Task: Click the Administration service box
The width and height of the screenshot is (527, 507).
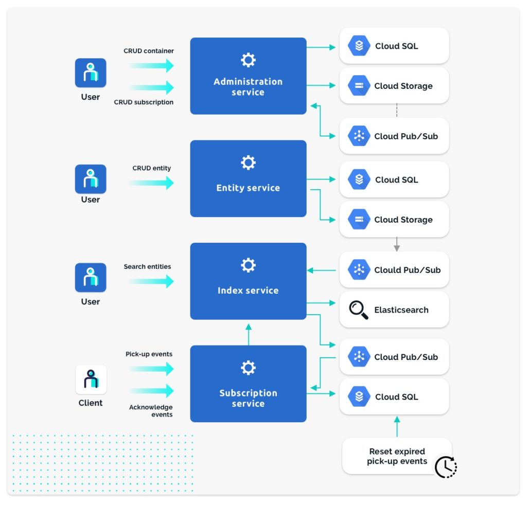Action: point(248,76)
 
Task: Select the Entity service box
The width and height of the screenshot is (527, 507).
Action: point(248,178)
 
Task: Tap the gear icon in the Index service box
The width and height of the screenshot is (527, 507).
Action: point(248,265)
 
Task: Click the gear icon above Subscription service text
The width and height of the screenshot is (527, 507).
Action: point(248,368)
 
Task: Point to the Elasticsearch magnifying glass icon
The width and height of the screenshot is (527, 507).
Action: point(358,310)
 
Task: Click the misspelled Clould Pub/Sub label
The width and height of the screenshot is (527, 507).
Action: point(407,270)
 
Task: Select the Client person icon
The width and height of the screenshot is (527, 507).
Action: point(91,379)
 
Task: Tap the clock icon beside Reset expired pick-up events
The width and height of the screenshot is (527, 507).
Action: point(445,467)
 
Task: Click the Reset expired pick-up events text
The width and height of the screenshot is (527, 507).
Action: point(397,456)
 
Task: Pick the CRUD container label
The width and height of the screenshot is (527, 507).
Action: point(149,51)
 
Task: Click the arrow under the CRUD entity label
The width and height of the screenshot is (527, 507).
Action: point(151,183)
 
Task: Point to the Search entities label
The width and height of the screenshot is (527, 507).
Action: point(147,266)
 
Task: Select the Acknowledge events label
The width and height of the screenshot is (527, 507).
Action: point(151,411)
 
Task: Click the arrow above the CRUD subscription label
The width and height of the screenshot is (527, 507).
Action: point(151,87)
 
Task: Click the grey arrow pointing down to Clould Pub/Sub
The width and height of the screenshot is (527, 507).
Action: point(396,245)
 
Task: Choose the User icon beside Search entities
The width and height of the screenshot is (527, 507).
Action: point(91,277)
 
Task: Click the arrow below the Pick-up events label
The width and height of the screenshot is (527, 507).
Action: point(151,368)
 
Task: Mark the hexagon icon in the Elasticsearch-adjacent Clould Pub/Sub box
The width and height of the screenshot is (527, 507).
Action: point(359,270)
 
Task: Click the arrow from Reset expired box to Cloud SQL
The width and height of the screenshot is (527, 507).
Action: point(396,426)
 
